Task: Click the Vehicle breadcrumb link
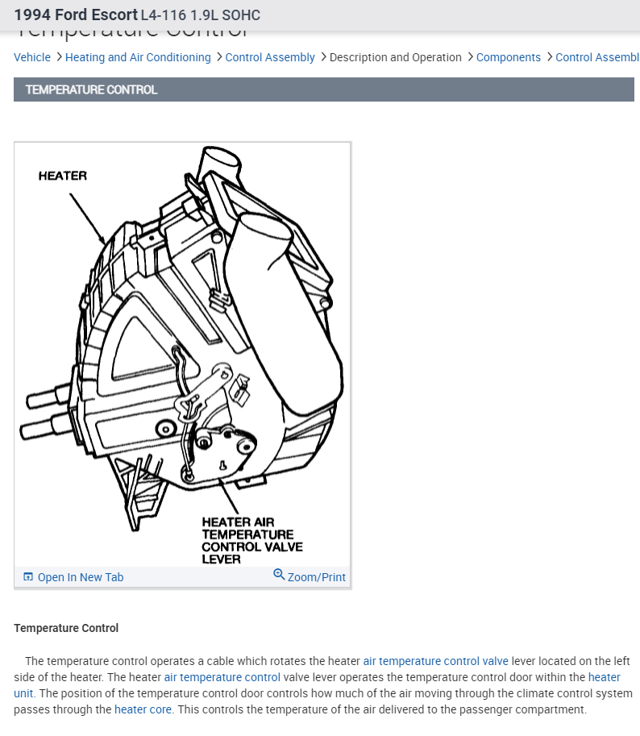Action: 32,57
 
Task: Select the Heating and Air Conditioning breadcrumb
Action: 138,57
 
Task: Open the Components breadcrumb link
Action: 509,57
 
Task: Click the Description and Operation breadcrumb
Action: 395,57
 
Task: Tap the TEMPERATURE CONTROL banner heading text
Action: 91,89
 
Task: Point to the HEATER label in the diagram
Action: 62,176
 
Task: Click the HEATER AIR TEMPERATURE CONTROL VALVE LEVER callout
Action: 251,540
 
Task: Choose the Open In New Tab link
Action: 81,577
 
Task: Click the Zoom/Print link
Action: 316,577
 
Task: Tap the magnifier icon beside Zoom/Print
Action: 279,575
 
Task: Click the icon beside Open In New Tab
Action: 28,577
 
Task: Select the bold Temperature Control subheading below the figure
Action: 66,628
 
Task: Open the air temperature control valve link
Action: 435,661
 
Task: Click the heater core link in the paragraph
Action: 143,709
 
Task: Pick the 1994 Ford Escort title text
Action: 76,15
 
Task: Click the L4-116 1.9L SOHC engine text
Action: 200,15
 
